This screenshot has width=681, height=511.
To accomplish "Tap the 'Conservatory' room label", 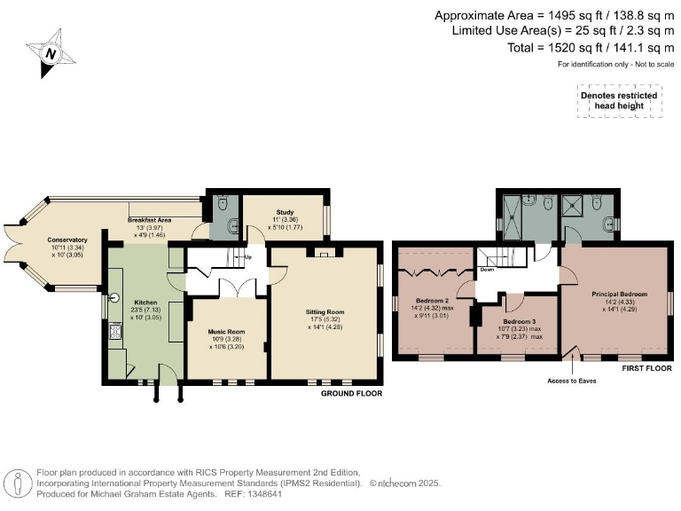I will tap(68, 240).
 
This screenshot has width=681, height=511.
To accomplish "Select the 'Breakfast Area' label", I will tap(149, 219).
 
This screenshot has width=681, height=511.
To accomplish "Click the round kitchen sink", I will tap(113, 298).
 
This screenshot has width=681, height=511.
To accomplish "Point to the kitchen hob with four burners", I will tap(113, 333).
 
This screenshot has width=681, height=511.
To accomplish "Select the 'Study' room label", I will tap(285, 212).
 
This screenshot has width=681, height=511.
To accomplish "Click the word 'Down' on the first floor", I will tap(487, 269).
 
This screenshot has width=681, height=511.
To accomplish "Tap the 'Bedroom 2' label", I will tap(433, 300).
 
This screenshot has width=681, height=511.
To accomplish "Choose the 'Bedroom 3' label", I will tap(521, 320).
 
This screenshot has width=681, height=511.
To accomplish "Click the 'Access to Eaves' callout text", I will tap(572, 380).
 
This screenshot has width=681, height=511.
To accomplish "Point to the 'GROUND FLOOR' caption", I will tap(351, 392).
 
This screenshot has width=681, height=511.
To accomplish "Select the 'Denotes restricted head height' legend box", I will tap(618, 101).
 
